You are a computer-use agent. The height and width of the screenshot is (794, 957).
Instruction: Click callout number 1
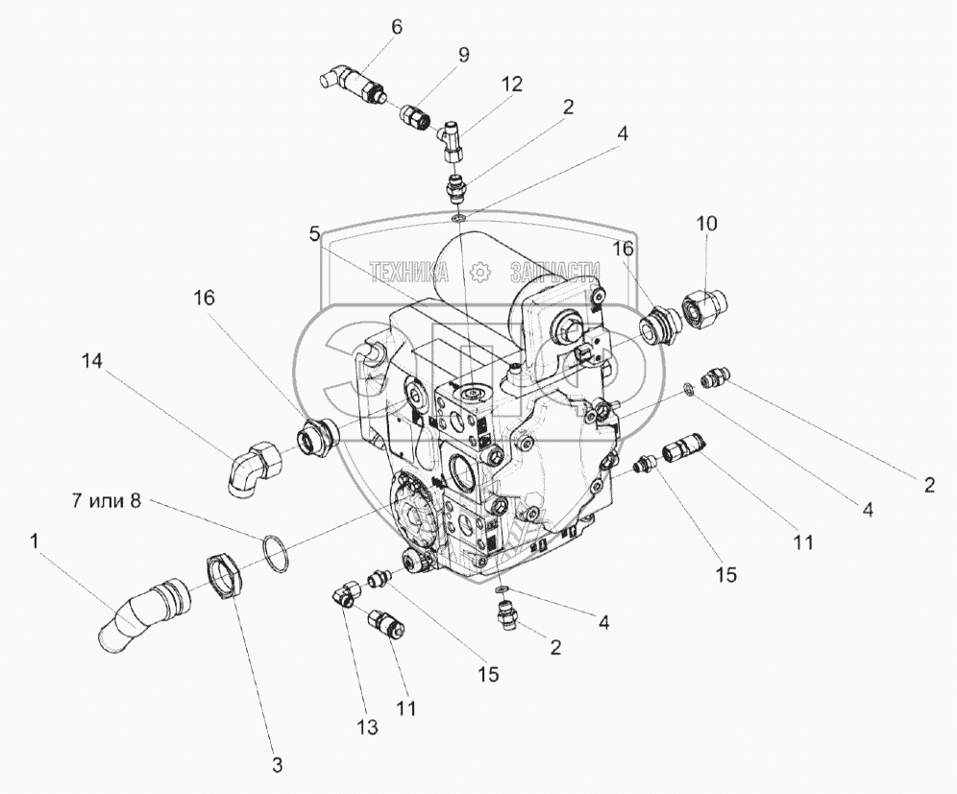[x=35, y=542]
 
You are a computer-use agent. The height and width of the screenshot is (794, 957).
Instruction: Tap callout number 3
[x=277, y=764]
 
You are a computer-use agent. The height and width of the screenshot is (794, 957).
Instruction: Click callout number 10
[x=706, y=224]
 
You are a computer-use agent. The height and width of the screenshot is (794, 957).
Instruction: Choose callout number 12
[x=511, y=84]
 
